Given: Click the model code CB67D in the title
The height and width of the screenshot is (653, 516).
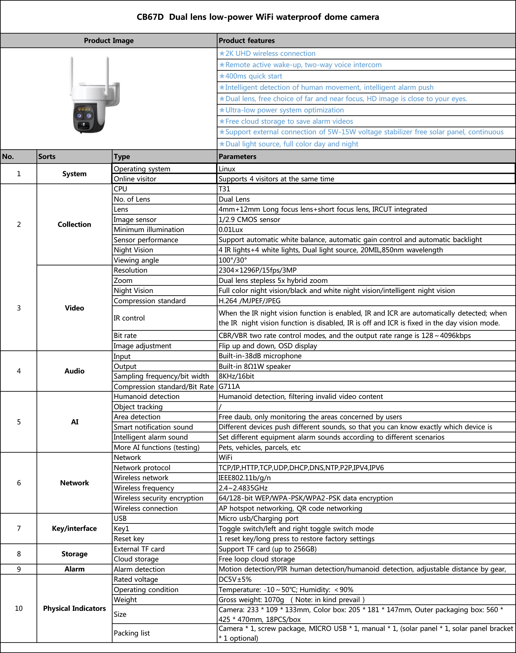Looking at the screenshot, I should pos(150,17).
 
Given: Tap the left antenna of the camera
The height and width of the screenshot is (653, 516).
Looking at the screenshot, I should pos(72,73).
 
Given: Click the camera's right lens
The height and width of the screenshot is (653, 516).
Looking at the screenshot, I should pos(89,115).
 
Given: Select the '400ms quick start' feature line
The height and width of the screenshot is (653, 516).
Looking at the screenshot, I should pos(254,76).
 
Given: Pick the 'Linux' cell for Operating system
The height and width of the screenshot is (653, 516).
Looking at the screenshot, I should pos(227,169).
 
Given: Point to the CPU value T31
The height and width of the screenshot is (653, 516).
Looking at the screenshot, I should pos(224,189).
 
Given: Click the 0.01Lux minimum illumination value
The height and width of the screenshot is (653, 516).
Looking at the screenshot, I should pos(231,230).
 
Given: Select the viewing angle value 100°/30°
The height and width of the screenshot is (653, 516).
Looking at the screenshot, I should pos(233,260).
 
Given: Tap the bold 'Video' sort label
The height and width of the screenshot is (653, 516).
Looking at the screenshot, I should pos(74,308).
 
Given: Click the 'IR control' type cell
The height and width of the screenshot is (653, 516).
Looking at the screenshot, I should pos(129,318).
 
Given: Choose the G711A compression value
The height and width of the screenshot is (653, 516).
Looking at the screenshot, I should pos(229,387).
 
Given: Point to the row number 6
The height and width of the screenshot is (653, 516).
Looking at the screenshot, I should pos(19,483).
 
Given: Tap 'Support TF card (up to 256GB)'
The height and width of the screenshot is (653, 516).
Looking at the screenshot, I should pos(267,549).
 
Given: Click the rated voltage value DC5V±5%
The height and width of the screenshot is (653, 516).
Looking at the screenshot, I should pos(235,579).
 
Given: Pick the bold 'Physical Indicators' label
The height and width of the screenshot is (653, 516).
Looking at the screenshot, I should pos(74,608).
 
